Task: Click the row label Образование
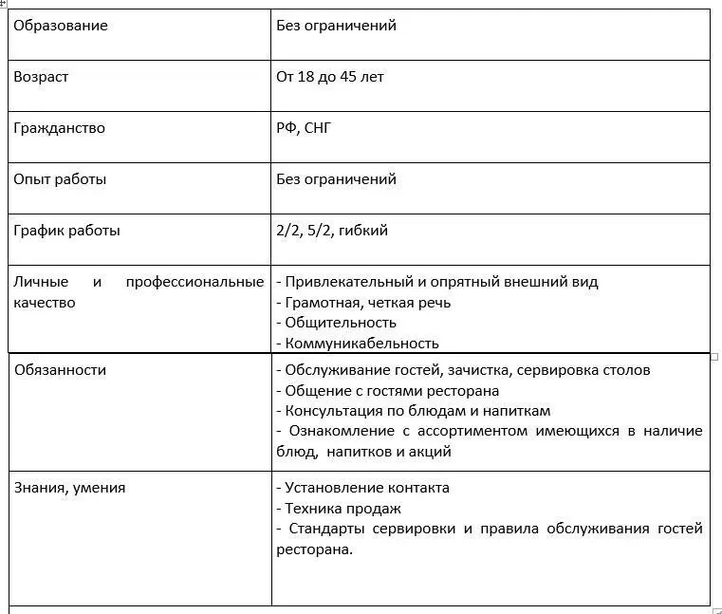coord(60,26)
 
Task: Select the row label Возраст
coord(41,77)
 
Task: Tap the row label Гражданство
coord(59,128)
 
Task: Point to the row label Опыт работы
coord(59,179)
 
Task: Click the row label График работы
coord(66,231)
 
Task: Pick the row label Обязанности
coord(60,370)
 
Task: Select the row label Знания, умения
coord(69,488)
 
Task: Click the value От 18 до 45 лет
coord(329,77)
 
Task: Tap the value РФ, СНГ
coord(304,128)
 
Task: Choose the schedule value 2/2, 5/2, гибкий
coord(332,231)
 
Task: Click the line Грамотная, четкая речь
coord(363,303)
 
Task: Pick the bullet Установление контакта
coord(362,488)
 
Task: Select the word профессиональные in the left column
coord(194,282)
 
